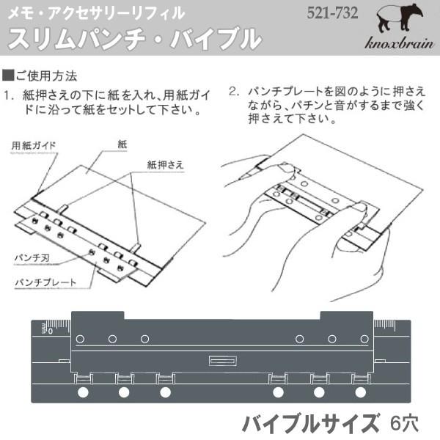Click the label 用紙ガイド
pyautogui.click(x=34, y=145)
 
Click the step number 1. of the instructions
pyautogui.click(x=10, y=95)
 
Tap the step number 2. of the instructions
pyautogui.click(x=234, y=93)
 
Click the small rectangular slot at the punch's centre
pyautogui.click(x=221, y=360)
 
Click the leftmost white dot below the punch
pyautogui.click(x=82, y=393)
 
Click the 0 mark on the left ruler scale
pyautogui.click(x=50, y=331)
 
